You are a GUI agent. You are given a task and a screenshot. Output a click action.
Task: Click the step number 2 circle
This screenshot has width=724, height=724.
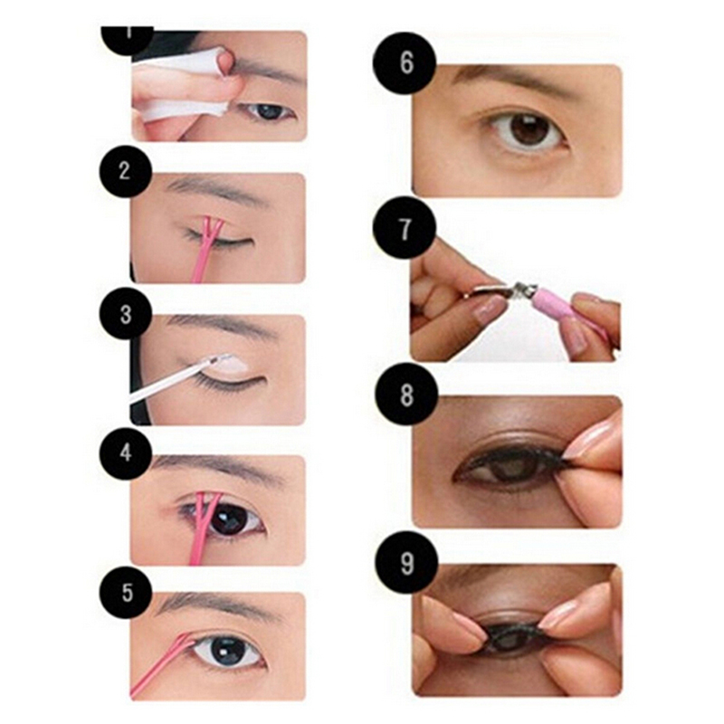[x=125, y=171]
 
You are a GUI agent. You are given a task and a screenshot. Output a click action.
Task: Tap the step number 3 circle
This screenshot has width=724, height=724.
[x=125, y=314]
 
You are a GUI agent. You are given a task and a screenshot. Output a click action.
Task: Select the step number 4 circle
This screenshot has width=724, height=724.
[x=125, y=453]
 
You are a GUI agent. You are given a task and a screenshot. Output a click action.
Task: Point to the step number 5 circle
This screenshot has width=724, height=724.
[x=125, y=593]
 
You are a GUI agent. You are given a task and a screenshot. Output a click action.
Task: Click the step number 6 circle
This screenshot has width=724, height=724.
[x=405, y=63]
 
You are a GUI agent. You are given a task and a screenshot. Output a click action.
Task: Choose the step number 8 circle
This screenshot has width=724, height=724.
[x=406, y=394]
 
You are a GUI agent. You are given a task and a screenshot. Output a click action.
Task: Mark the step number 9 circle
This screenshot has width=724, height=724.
[x=406, y=562]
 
